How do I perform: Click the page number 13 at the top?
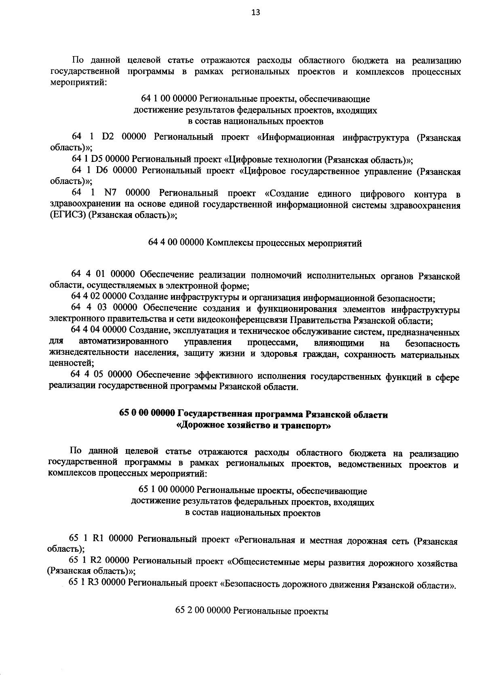(x=255, y=13)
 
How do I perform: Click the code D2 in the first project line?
(x=108, y=138)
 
